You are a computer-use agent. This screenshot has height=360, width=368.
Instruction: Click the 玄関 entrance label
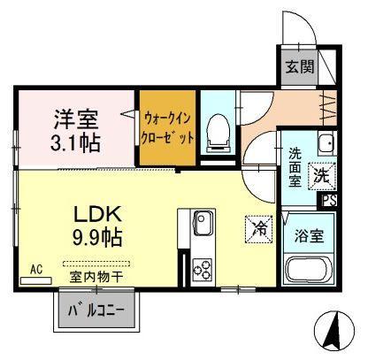(x=300, y=66)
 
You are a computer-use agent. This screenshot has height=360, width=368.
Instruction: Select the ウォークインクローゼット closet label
(x=167, y=128)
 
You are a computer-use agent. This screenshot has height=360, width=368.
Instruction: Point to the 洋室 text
(x=76, y=119)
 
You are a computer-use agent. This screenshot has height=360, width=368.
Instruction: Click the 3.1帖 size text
(x=75, y=142)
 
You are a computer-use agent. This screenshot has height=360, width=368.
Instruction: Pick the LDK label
(x=97, y=214)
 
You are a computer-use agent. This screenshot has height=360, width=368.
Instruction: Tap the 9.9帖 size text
(x=97, y=238)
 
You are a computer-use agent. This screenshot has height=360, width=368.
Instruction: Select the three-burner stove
(x=203, y=270)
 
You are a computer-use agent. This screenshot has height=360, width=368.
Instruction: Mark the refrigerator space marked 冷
(x=259, y=229)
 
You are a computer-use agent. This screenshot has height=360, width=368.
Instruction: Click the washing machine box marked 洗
(x=322, y=176)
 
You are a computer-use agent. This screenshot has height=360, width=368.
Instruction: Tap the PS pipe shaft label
(x=329, y=201)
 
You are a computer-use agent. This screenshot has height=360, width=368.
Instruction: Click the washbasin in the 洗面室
(x=326, y=142)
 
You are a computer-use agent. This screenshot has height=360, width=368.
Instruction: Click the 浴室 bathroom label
(x=310, y=236)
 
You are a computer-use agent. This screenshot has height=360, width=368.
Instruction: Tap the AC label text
(x=36, y=269)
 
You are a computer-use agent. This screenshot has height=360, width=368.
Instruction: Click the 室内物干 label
(x=96, y=278)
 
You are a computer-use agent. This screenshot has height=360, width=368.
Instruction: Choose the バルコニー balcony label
(x=96, y=310)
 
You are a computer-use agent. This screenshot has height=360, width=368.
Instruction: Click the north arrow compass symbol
(x=335, y=329)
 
